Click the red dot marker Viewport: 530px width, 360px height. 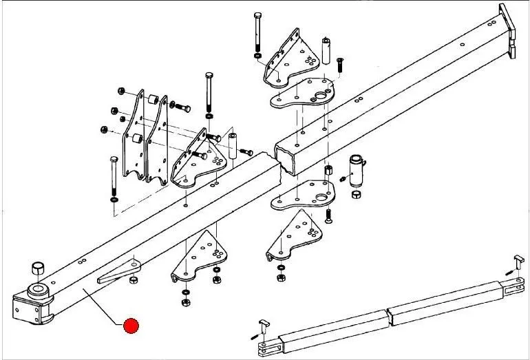(130, 326)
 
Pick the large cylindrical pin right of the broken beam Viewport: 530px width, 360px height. (357, 169)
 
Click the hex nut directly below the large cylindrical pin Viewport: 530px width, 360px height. (357, 195)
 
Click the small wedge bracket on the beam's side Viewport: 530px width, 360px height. (119, 271)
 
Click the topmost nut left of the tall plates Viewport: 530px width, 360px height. (122, 90)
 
